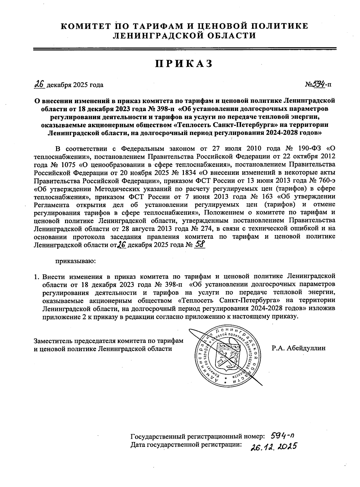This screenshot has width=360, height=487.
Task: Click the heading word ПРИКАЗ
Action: point(184,64)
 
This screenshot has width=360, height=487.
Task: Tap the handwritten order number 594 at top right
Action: point(319,84)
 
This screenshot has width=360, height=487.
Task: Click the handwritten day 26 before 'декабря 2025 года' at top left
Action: point(40,84)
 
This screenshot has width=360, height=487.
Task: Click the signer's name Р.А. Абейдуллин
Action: point(298,348)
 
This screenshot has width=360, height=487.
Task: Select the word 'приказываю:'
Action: point(75,261)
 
